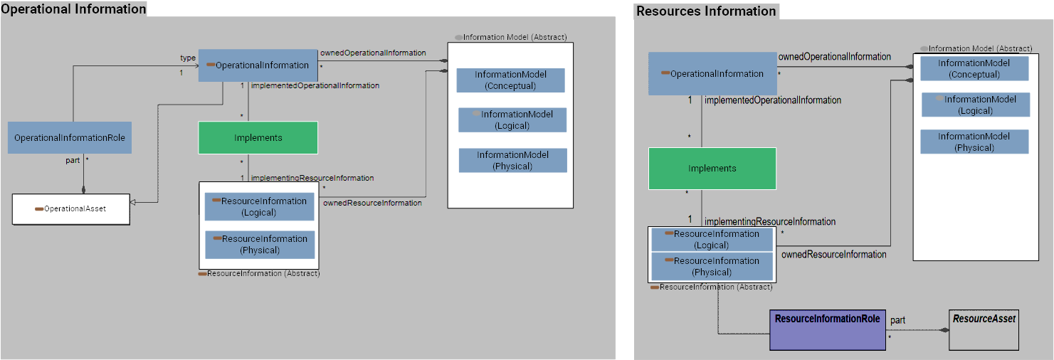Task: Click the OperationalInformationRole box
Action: click(70, 137)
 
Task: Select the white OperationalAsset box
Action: click(71, 209)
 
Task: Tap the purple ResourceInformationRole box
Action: click(827, 329)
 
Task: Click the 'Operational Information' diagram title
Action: click(73, 9)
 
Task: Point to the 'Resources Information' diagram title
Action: click(706, 11)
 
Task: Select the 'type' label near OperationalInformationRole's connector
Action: click(188, 58)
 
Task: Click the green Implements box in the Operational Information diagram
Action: click(258, 138)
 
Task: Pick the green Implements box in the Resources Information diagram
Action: click(712, 169)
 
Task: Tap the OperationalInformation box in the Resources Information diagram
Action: click(712, 74)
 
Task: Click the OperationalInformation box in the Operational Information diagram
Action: click(257, 65)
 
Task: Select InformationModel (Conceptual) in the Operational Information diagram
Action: click(510, 80)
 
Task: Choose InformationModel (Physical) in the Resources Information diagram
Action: click(974, 142)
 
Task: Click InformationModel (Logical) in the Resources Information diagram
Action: click(975, 105)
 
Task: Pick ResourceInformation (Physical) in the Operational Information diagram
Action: click(260, 244)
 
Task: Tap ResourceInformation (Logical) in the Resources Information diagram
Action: click(712, 239)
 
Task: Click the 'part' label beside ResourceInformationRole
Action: click(898, 320)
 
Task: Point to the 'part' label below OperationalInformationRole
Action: click(73, 160)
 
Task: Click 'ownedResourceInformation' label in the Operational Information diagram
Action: click(372, 203)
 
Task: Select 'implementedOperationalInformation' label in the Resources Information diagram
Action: click(773, 100)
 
